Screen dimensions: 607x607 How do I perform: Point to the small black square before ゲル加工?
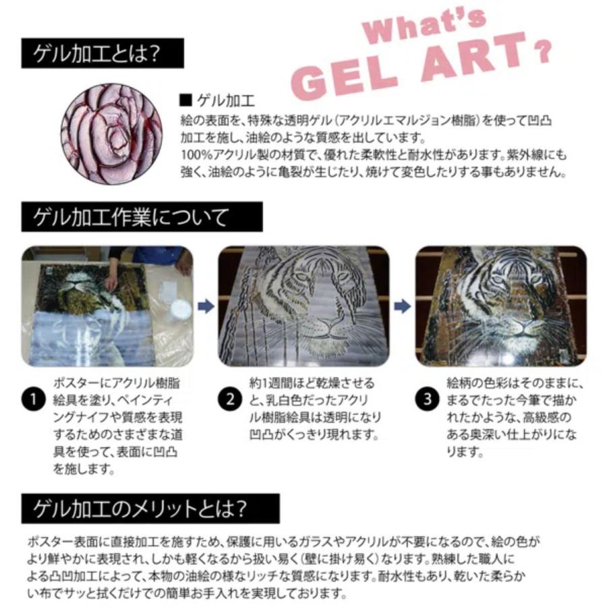tap(186, 102)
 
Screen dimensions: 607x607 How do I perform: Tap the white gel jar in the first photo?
tap(180, 310)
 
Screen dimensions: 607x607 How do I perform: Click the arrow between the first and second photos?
tap(206, 306)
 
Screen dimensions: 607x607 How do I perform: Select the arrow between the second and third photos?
tap(402, 306)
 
